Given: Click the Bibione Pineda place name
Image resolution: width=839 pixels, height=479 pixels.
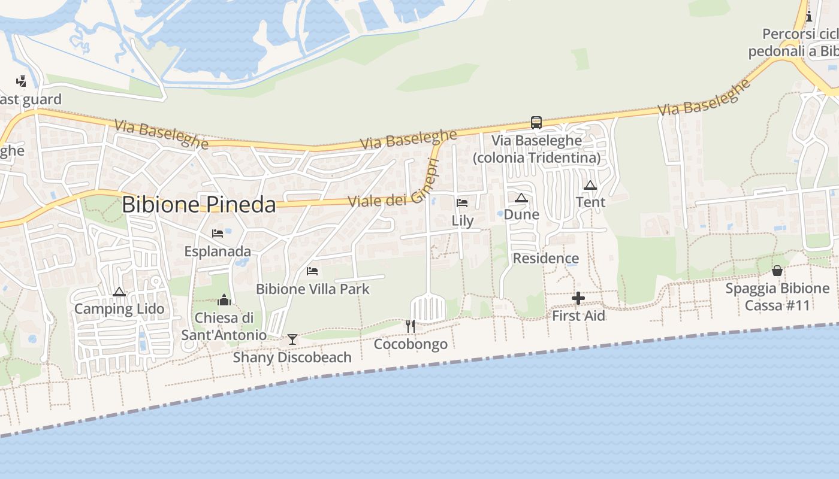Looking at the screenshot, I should pos(198,205).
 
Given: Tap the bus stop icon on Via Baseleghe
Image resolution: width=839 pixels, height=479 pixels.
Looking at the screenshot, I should pos(536,123).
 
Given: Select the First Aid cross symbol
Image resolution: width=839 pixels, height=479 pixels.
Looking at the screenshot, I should pos(578,298).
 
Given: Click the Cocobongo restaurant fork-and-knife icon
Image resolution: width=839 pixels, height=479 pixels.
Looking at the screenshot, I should pos(411,326).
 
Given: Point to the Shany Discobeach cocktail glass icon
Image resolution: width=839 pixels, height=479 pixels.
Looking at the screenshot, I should pos(292,339).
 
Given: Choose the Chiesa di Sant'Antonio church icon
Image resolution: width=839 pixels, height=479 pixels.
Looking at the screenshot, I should pos(224,299).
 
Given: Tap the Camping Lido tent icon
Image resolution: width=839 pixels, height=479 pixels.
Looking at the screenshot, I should pos(119,292).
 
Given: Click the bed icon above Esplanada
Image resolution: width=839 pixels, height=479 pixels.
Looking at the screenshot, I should pos(218,233).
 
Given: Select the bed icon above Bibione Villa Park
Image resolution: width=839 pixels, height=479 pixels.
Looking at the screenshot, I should pos(312,271).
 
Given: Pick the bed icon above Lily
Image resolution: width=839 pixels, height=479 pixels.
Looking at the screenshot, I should pos(462,203).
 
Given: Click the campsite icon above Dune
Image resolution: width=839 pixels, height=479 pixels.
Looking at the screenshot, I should pos(521,198).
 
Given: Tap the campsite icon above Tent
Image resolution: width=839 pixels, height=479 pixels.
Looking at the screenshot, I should pos(590,186).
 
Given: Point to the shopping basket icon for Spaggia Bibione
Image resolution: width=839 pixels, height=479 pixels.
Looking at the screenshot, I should pos(777,271).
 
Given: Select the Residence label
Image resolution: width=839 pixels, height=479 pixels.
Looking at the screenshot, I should pos(546,259).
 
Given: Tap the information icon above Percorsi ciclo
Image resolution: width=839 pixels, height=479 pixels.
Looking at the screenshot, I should pos(809,16).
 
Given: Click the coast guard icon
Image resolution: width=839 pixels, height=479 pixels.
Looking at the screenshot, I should pos(21,81).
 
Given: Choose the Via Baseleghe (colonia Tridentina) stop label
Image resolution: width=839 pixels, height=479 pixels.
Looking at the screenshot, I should pos(536,149).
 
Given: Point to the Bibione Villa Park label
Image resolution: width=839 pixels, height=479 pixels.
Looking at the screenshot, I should pos(313,289).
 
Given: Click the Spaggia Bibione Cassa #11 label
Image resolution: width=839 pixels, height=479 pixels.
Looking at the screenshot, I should pos(777,297).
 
